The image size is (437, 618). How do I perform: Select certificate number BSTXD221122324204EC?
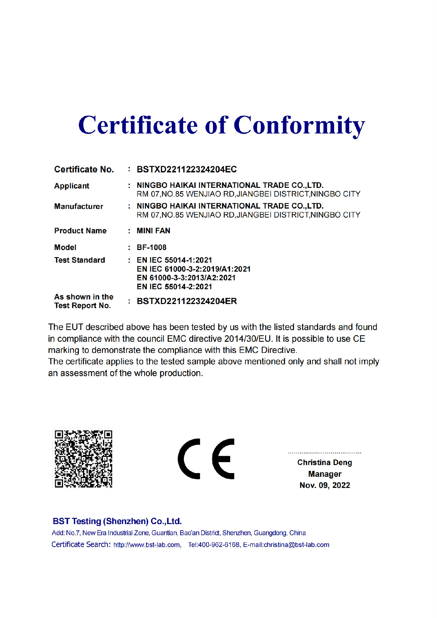[187, 169]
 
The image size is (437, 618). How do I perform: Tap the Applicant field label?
[72, 186]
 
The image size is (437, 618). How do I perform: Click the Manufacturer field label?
[78, 206]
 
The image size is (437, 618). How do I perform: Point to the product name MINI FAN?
[153, 231]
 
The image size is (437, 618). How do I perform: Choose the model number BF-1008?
[151, 247]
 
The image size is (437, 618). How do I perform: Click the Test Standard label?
[79, 260]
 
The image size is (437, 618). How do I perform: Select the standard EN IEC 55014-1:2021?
[174, 260]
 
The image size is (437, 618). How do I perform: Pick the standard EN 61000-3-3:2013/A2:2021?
[186, 277]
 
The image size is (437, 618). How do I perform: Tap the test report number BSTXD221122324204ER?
[187, 301]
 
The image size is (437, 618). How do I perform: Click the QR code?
[83, 459]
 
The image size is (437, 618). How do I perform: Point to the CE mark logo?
[206, 459]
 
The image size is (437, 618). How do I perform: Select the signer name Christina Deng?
[325, 462]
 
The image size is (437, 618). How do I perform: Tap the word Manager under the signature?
[325, 474]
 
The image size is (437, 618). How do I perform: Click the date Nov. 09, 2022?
[325, 485]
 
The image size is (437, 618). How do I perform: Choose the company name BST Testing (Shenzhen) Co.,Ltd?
[117, 521]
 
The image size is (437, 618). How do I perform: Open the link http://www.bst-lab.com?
[147, 545]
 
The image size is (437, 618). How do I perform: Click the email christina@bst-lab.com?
[296, 545]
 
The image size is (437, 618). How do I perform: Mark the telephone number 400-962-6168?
[218, 545]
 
